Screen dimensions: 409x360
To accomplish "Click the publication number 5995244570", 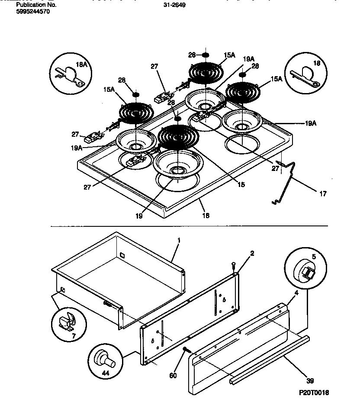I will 32,12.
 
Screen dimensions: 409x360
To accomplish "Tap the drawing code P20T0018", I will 314,392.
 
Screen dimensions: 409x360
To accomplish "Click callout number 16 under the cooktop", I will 206,215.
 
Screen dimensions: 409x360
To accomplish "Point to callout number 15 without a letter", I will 241,184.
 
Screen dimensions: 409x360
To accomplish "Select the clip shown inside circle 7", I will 67,322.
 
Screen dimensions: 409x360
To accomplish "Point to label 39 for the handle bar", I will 309,381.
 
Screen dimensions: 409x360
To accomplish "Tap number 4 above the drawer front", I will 296,293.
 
